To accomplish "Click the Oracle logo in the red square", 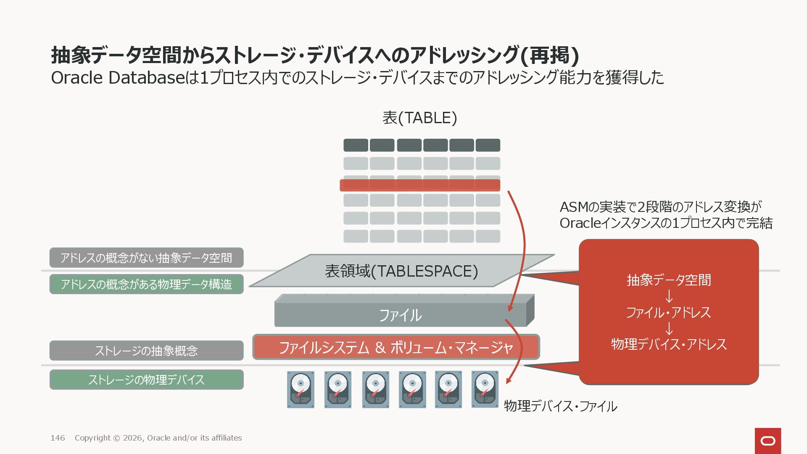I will pyautogui.click(x=768, y=441).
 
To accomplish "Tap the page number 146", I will pyautogui.click(x=58, y=438).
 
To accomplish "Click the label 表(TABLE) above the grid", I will pyautogui.click(x=419, y=118).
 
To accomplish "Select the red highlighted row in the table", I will pyautogui.click(x=419, y=185).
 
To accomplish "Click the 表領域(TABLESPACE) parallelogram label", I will pyautogui.click(x=401, y=271).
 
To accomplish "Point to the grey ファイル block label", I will pyautogui.click(x=400, y=315).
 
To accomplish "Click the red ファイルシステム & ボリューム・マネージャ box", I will pyautogui.click(x=396, y=347).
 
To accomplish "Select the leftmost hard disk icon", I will pyautogui.click(x=301, y=389).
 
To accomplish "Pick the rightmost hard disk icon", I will pyautogui.click(x=485, y=389).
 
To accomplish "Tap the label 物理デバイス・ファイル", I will pyautogui.click(x=560, y=406).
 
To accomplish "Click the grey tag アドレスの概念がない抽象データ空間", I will pyautogui.click(x=146, y=258).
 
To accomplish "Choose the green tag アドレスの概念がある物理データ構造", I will pyautogui.click(x=146, y=284).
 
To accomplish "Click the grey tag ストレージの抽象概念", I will pyautogui.click(x=146, y=351).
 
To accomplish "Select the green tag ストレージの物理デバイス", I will pyautogui.click(x=146, y=380).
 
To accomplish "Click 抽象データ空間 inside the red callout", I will pyautogui.click(x=669, y=280).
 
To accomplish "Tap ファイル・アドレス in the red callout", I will pyautogui.click(x=669, y=312).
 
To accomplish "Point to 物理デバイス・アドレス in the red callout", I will pyautogui.click(x=669, y=344).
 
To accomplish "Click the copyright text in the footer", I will pyautogui.click(x=158, y=438).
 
